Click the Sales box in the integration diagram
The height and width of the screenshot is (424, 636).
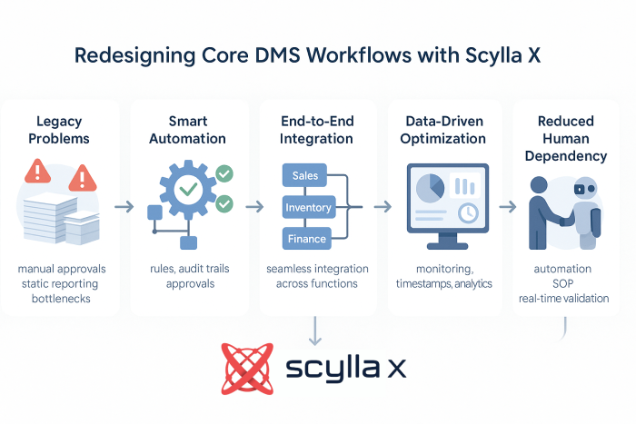(x=305, y=175)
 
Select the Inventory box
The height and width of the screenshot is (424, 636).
(x=308, y=208)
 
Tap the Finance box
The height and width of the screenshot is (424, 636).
(x=305, y=240)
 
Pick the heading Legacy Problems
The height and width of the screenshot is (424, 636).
(x=59, y=130)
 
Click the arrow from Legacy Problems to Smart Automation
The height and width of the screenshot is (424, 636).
(x=124, y=207)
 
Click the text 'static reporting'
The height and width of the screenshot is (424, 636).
(x=60, y=283)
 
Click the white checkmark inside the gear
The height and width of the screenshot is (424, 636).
(x=189, y=190)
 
